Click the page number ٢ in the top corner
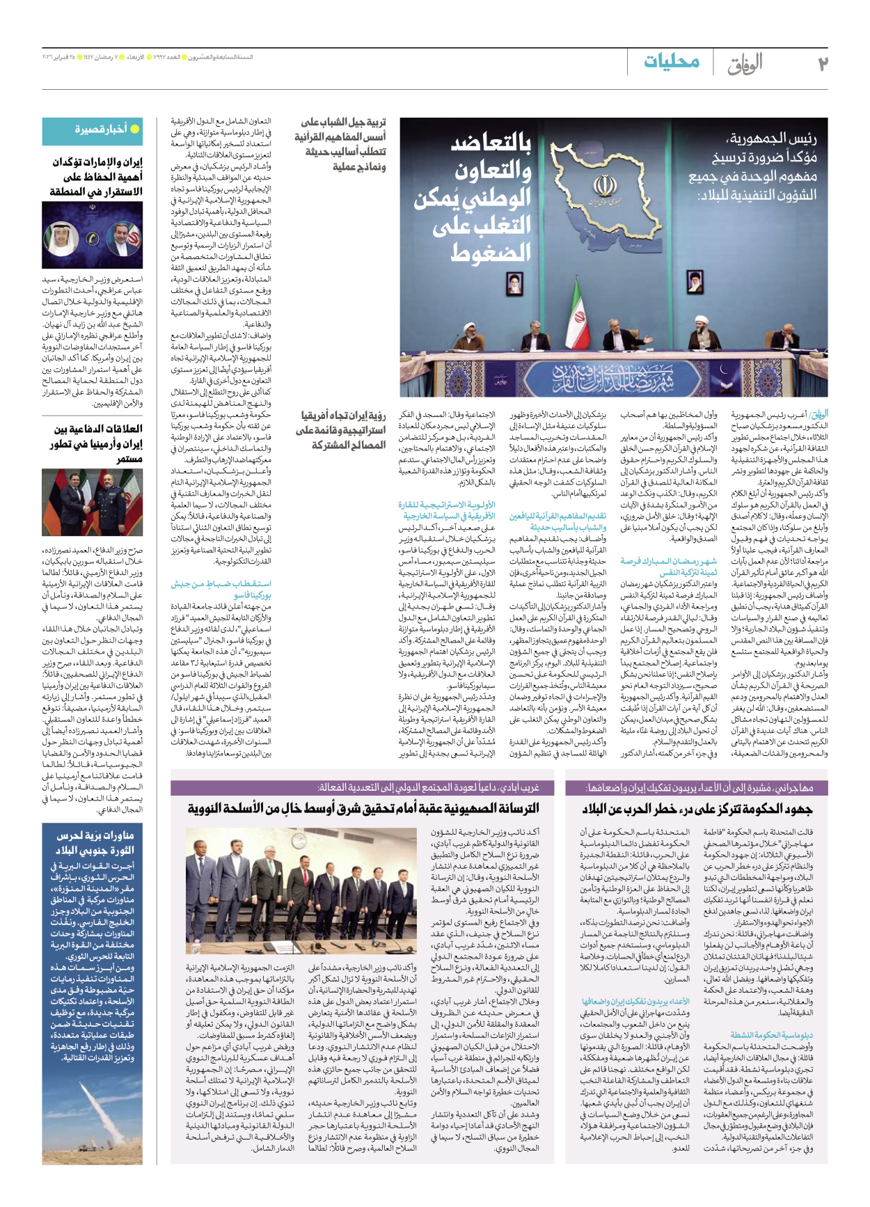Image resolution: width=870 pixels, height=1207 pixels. pos(822,63)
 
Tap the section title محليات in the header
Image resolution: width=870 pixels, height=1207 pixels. pos(672,62)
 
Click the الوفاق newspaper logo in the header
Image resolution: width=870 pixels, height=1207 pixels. pos(745,64)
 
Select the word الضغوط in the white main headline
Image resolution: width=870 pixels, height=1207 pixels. pos(491,253)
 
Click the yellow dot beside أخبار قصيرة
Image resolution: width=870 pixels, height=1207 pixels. pos(135,129)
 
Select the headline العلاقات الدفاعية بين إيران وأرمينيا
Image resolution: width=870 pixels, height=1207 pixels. pos(98,443)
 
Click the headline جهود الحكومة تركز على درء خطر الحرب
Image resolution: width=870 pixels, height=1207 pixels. pos(697,808)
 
